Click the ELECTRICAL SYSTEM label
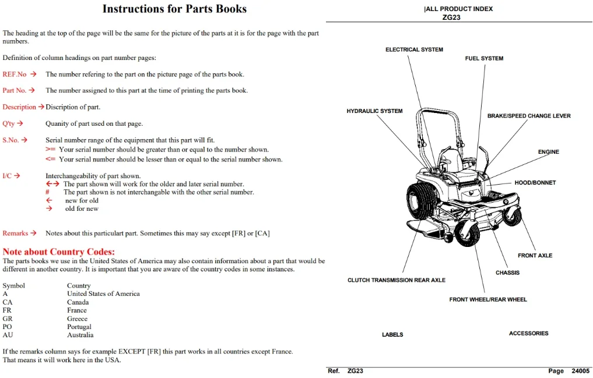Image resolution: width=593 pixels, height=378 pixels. tap(414, 50)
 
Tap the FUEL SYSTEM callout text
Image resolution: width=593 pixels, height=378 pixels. tap(484, 58)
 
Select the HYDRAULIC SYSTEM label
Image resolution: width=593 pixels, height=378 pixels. tap(374, 111)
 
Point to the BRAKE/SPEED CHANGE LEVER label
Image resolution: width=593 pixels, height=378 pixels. tap(529, 116)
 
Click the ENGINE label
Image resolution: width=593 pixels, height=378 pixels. tap(548, 152)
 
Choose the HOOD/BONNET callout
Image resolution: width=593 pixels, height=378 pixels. tap(535, 183)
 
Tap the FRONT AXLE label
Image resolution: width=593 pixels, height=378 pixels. tap(535, 256)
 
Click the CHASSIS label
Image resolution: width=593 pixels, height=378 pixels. tap(507, 273)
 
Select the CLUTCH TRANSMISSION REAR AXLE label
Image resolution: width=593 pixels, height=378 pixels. tap(396, 280)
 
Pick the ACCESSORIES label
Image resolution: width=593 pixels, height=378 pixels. tap(528, 333)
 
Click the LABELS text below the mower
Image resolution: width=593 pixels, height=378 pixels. tap(392, 334)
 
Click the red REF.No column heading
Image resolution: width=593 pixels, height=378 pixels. tap(15, 75)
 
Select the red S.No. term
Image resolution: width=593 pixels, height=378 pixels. tap(10, 140)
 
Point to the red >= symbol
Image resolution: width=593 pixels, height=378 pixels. tap(50, 150)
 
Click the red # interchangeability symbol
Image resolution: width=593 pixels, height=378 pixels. tap(47, 192)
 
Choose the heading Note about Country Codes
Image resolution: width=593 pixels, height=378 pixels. tap(59, 252)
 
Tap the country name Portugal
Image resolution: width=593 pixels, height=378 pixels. tap(79, 327)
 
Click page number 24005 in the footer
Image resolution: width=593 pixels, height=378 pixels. tap(580, 371)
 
